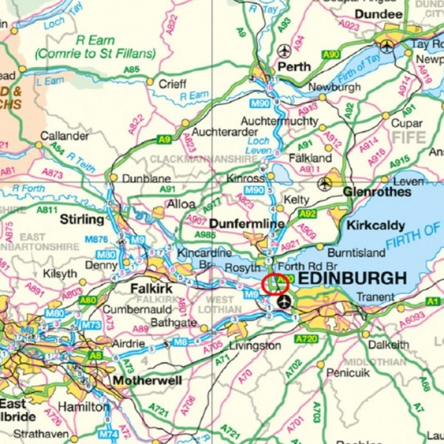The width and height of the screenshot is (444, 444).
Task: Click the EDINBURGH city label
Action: tap(353, 278)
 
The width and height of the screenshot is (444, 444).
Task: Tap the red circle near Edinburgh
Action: tap(276, 285)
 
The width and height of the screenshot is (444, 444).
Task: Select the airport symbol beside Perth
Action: tap(285, 51)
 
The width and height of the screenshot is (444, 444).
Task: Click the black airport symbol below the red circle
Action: tap(284, 302)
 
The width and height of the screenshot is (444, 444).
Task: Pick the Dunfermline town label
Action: tap(247, 224)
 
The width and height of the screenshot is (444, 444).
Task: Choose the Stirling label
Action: tap(82, 219)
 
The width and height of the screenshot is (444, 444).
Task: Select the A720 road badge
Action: tap(306, 339)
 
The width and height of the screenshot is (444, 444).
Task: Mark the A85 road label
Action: tap(132, 70)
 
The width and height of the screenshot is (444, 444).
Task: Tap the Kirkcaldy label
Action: tap(376, 225)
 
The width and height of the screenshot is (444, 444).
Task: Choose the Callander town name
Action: tap(64, 135)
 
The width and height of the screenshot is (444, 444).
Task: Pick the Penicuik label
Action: tap(347, 373)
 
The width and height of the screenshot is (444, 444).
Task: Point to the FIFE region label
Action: tap(410, 137)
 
